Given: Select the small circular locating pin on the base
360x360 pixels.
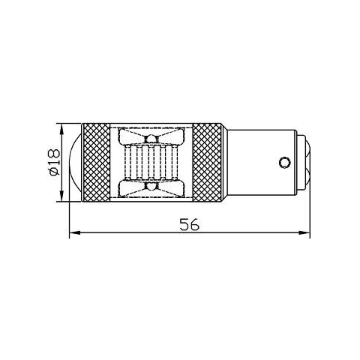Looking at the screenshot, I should click(284, 161).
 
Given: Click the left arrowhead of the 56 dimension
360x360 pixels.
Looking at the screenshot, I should click(73, 235).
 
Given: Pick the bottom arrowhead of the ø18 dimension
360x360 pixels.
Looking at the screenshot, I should click(60, 198).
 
